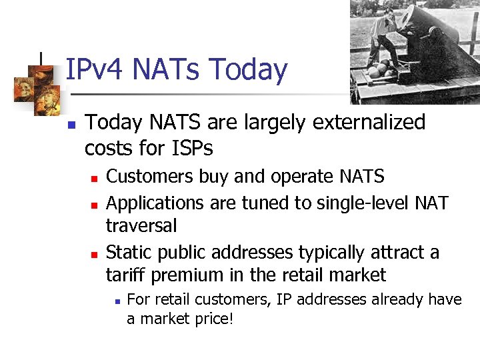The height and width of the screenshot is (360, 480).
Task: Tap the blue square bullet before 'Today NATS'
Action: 71,125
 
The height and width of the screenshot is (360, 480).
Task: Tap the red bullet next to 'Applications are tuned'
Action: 95,203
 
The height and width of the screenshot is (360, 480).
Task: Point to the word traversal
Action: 141,226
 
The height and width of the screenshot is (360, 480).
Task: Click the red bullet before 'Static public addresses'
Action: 95,254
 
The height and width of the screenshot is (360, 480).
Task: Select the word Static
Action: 125,252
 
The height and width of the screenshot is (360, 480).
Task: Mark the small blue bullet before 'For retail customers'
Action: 117,301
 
